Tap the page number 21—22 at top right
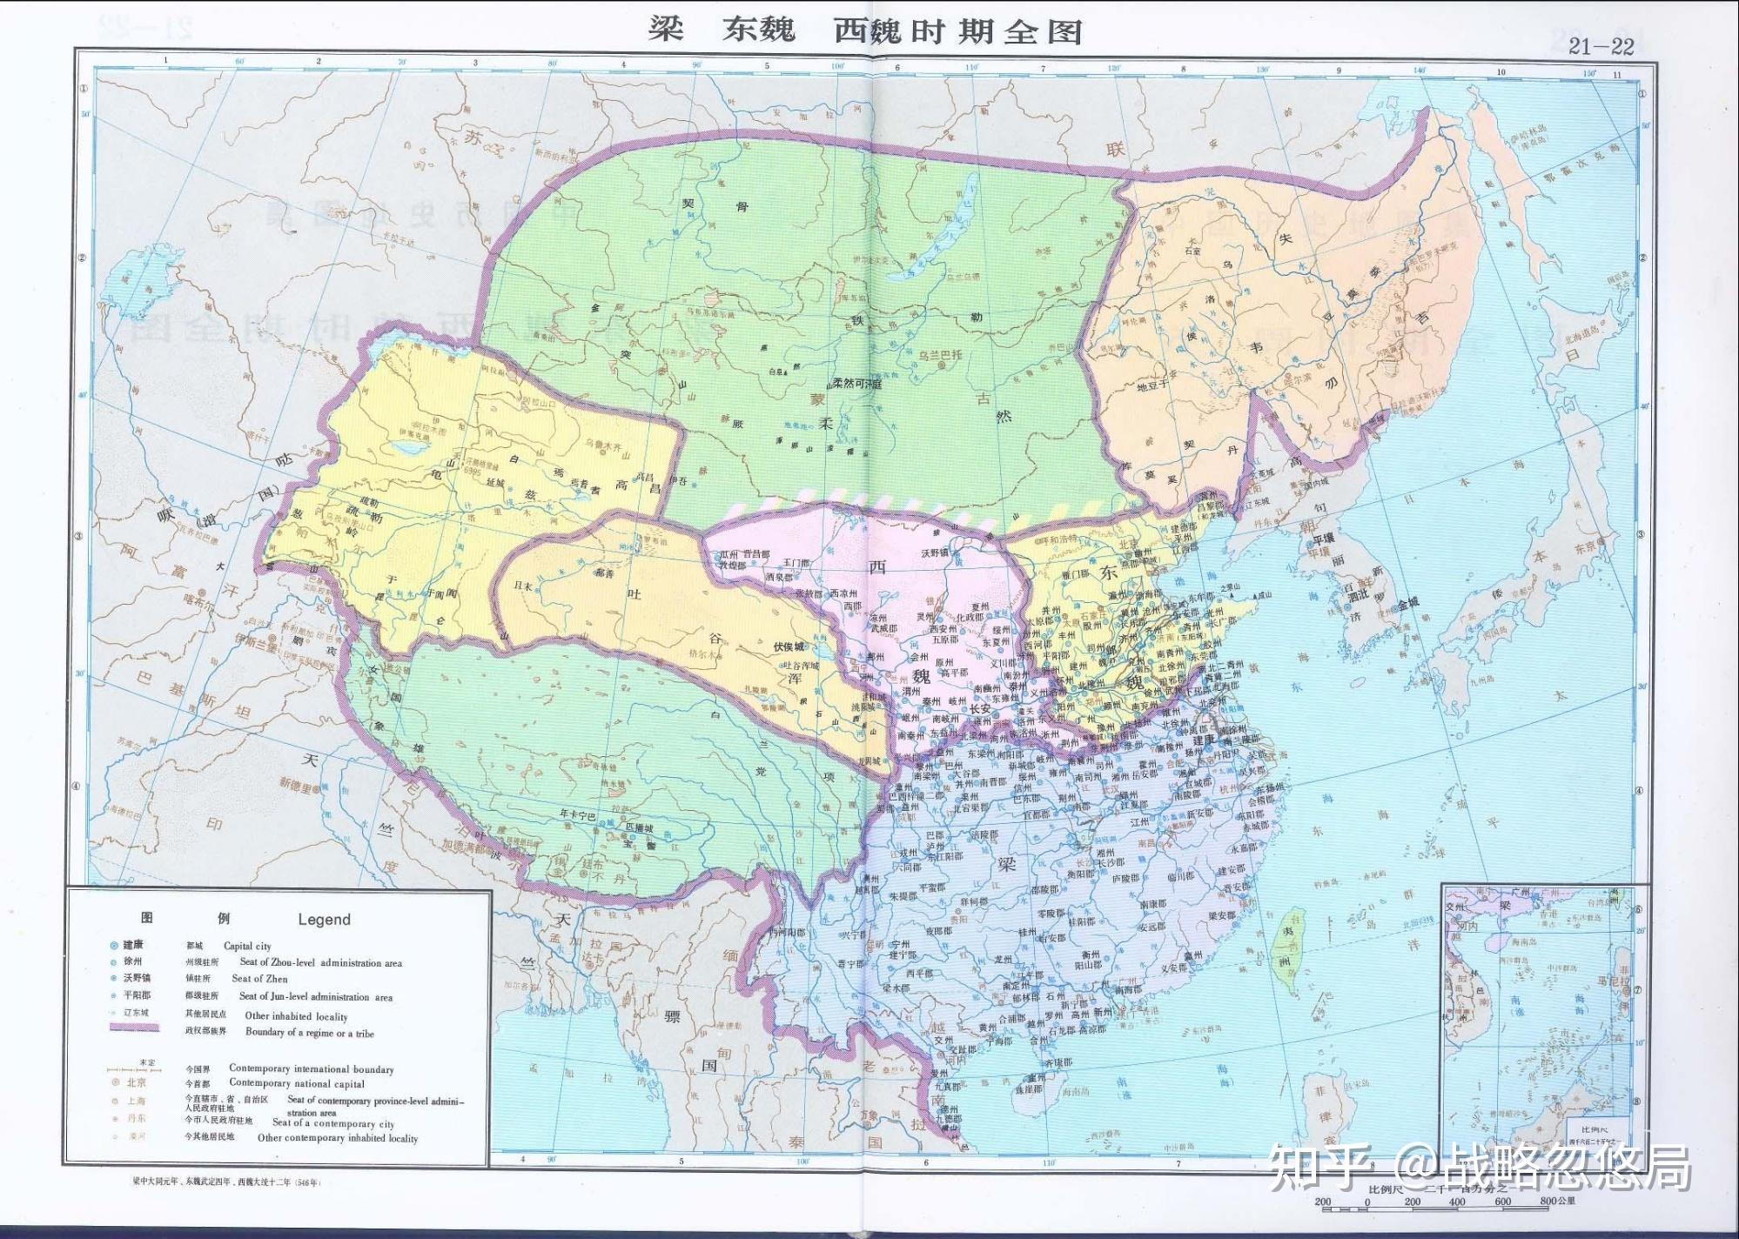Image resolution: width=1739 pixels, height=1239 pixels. click(x=1601, y=47)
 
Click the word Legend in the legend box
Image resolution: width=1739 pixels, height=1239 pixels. click(x=324, y=920)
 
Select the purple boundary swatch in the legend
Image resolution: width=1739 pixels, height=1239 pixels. click(x=134, y=1028)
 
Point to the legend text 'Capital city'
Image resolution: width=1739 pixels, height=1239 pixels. click(x=247, y=946)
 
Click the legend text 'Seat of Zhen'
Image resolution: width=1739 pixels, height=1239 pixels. click(x=259, y=979)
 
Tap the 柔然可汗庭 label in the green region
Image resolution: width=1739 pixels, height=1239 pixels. click(x=856, y=384)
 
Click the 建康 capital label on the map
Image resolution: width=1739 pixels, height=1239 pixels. click(x=1204, y=739)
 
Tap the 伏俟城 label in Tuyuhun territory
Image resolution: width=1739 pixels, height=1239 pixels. click(x=789, y=646)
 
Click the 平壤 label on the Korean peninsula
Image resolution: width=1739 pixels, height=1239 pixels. click(x=1323, y=539)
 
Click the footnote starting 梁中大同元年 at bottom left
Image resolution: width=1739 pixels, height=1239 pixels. click(x=222, y=1183)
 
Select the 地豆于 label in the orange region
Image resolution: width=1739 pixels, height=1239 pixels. click(x=1155, y=387)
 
